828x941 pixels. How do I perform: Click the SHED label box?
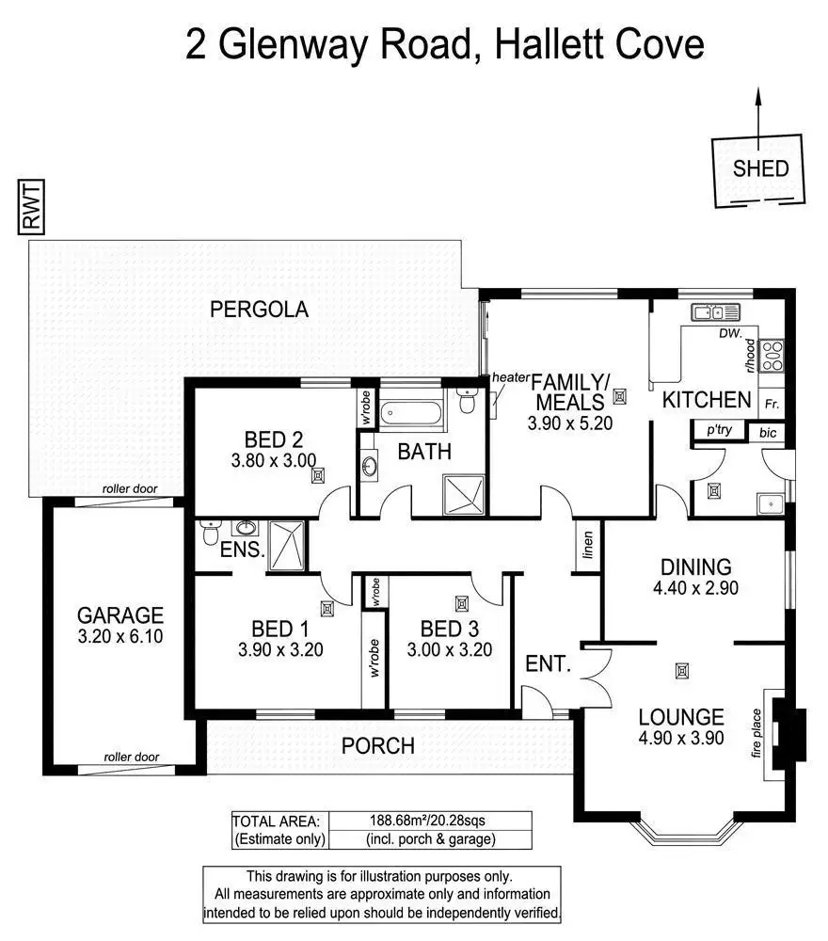point(761,170)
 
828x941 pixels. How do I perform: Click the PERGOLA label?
point(259,310)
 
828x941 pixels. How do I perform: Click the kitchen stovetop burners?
point(772,355)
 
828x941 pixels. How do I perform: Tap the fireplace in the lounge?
point(784,725)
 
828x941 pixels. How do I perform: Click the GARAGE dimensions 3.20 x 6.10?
point(120,637)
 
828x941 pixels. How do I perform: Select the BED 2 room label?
point(273,439)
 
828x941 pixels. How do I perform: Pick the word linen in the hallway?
point(588,546)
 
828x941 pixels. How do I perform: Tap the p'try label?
point(712,430)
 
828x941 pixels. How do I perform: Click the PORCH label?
point(377,746)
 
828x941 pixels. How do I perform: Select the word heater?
point(510,377)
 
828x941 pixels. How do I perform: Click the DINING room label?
point(695,567)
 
